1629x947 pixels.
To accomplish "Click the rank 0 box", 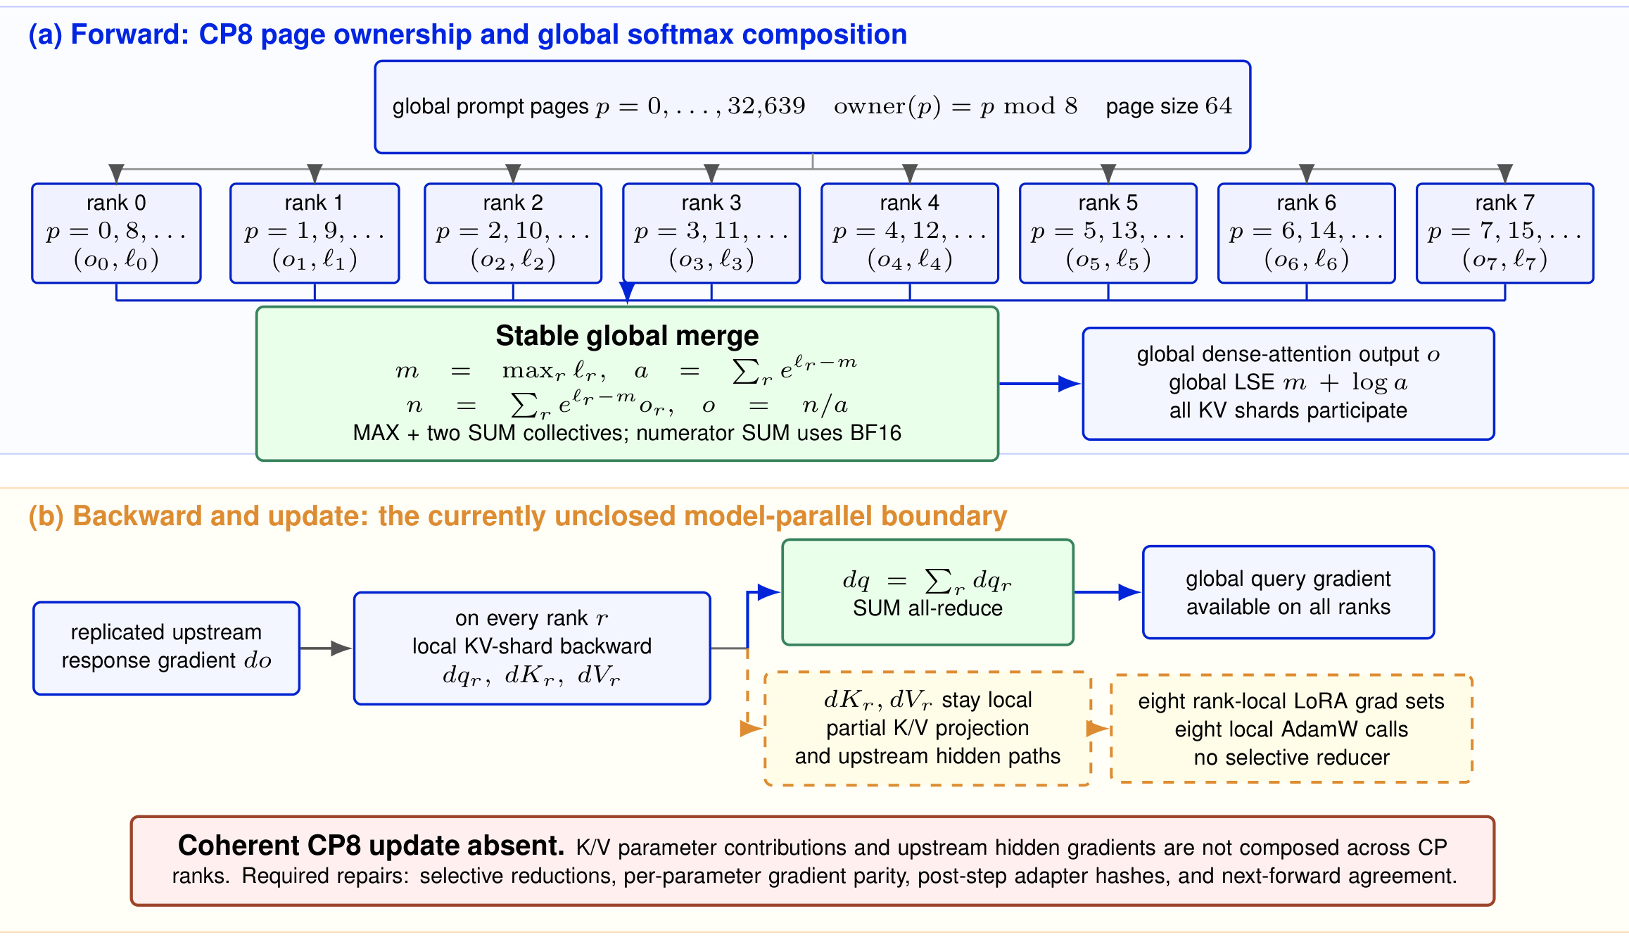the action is [116, 233].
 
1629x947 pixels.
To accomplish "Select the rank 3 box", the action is [711, 233].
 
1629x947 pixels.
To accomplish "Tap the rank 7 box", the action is [1505, 233].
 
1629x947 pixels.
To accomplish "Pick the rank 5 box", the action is [1108, 233].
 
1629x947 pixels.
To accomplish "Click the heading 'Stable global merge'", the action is [627, 336].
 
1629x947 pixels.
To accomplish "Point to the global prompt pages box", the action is [813, 107].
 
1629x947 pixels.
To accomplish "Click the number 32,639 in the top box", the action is [766, 106].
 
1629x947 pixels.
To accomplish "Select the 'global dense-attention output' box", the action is [1288, 384].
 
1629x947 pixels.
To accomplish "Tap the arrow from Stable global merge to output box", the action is [1040, 384].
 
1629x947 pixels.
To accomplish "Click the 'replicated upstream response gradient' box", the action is [167, 648].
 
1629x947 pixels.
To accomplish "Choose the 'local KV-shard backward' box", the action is [532, 648].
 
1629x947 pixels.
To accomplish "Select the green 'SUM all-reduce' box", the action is [928, 592].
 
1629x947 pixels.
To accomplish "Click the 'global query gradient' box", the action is [1288, 592].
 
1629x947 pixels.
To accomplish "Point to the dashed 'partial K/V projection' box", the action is [928, 728].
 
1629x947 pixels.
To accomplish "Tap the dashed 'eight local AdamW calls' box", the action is [1291, 729].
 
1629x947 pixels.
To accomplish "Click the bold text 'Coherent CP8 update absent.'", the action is [371, 846].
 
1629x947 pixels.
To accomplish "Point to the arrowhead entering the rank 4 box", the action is [910, 173].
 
